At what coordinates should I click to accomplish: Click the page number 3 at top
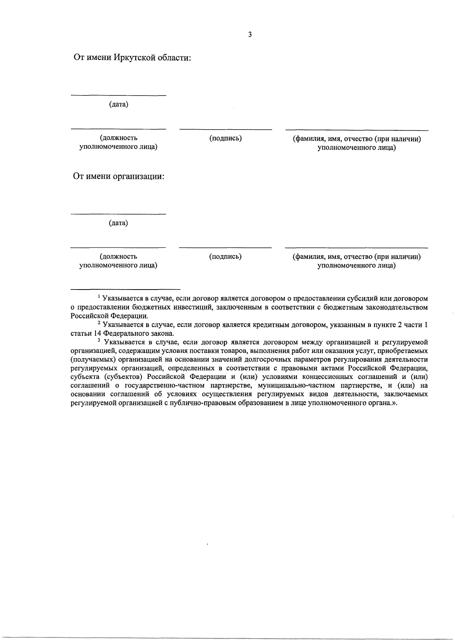coord(250,35)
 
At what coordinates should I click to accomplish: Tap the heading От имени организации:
coord(119,177)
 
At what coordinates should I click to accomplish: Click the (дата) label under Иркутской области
coord(119,104)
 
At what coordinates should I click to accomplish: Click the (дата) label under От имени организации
coord(119,223)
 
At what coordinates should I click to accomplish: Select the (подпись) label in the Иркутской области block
coord(226,138)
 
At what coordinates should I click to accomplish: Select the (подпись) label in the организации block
coord(226,257)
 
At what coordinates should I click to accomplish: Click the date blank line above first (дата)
coord(119,95)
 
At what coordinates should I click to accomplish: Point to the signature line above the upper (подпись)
coord(226,130)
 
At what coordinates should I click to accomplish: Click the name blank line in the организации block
coord(356,248)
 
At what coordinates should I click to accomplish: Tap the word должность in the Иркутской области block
coord(119,138)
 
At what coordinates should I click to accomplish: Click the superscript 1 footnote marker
coord(99,296)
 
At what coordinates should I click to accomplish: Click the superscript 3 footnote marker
coord(99,340)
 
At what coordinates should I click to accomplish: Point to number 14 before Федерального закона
coord(97,334)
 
